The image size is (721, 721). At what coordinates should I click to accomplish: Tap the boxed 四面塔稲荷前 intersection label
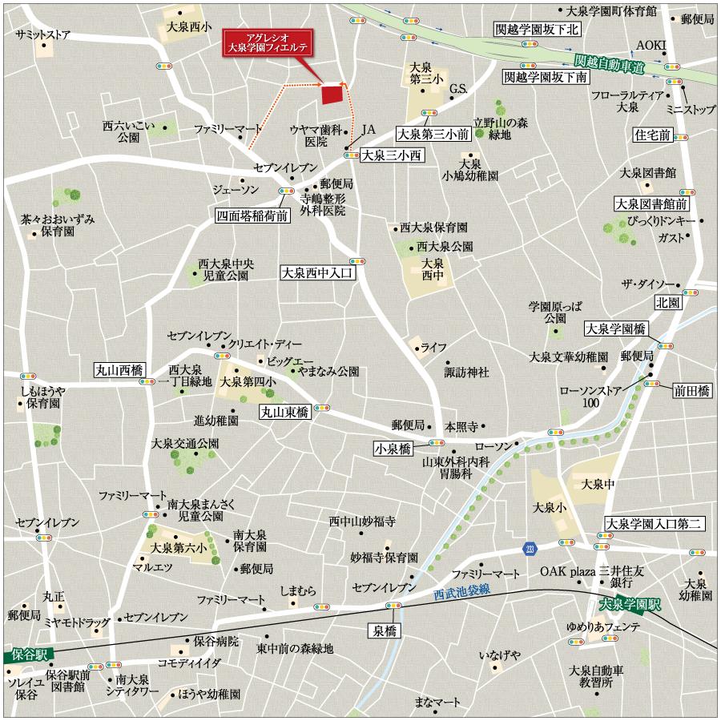pos(251,215)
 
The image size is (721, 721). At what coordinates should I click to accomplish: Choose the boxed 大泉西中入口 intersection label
pos(317,273)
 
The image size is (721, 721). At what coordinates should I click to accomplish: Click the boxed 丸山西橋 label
pos(118,370)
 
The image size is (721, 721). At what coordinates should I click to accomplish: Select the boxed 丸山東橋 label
pos(284,412)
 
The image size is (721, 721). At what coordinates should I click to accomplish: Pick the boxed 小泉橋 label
pos(393,449)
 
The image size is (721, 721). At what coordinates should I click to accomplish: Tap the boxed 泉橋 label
pos(384,630)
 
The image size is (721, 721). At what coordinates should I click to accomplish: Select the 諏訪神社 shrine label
pos(467,373)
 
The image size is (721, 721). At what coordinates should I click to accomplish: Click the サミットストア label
pos(42,35)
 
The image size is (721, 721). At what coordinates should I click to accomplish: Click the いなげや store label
pos(499,655)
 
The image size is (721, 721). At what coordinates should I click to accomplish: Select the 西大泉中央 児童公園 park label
pos(226,268)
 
